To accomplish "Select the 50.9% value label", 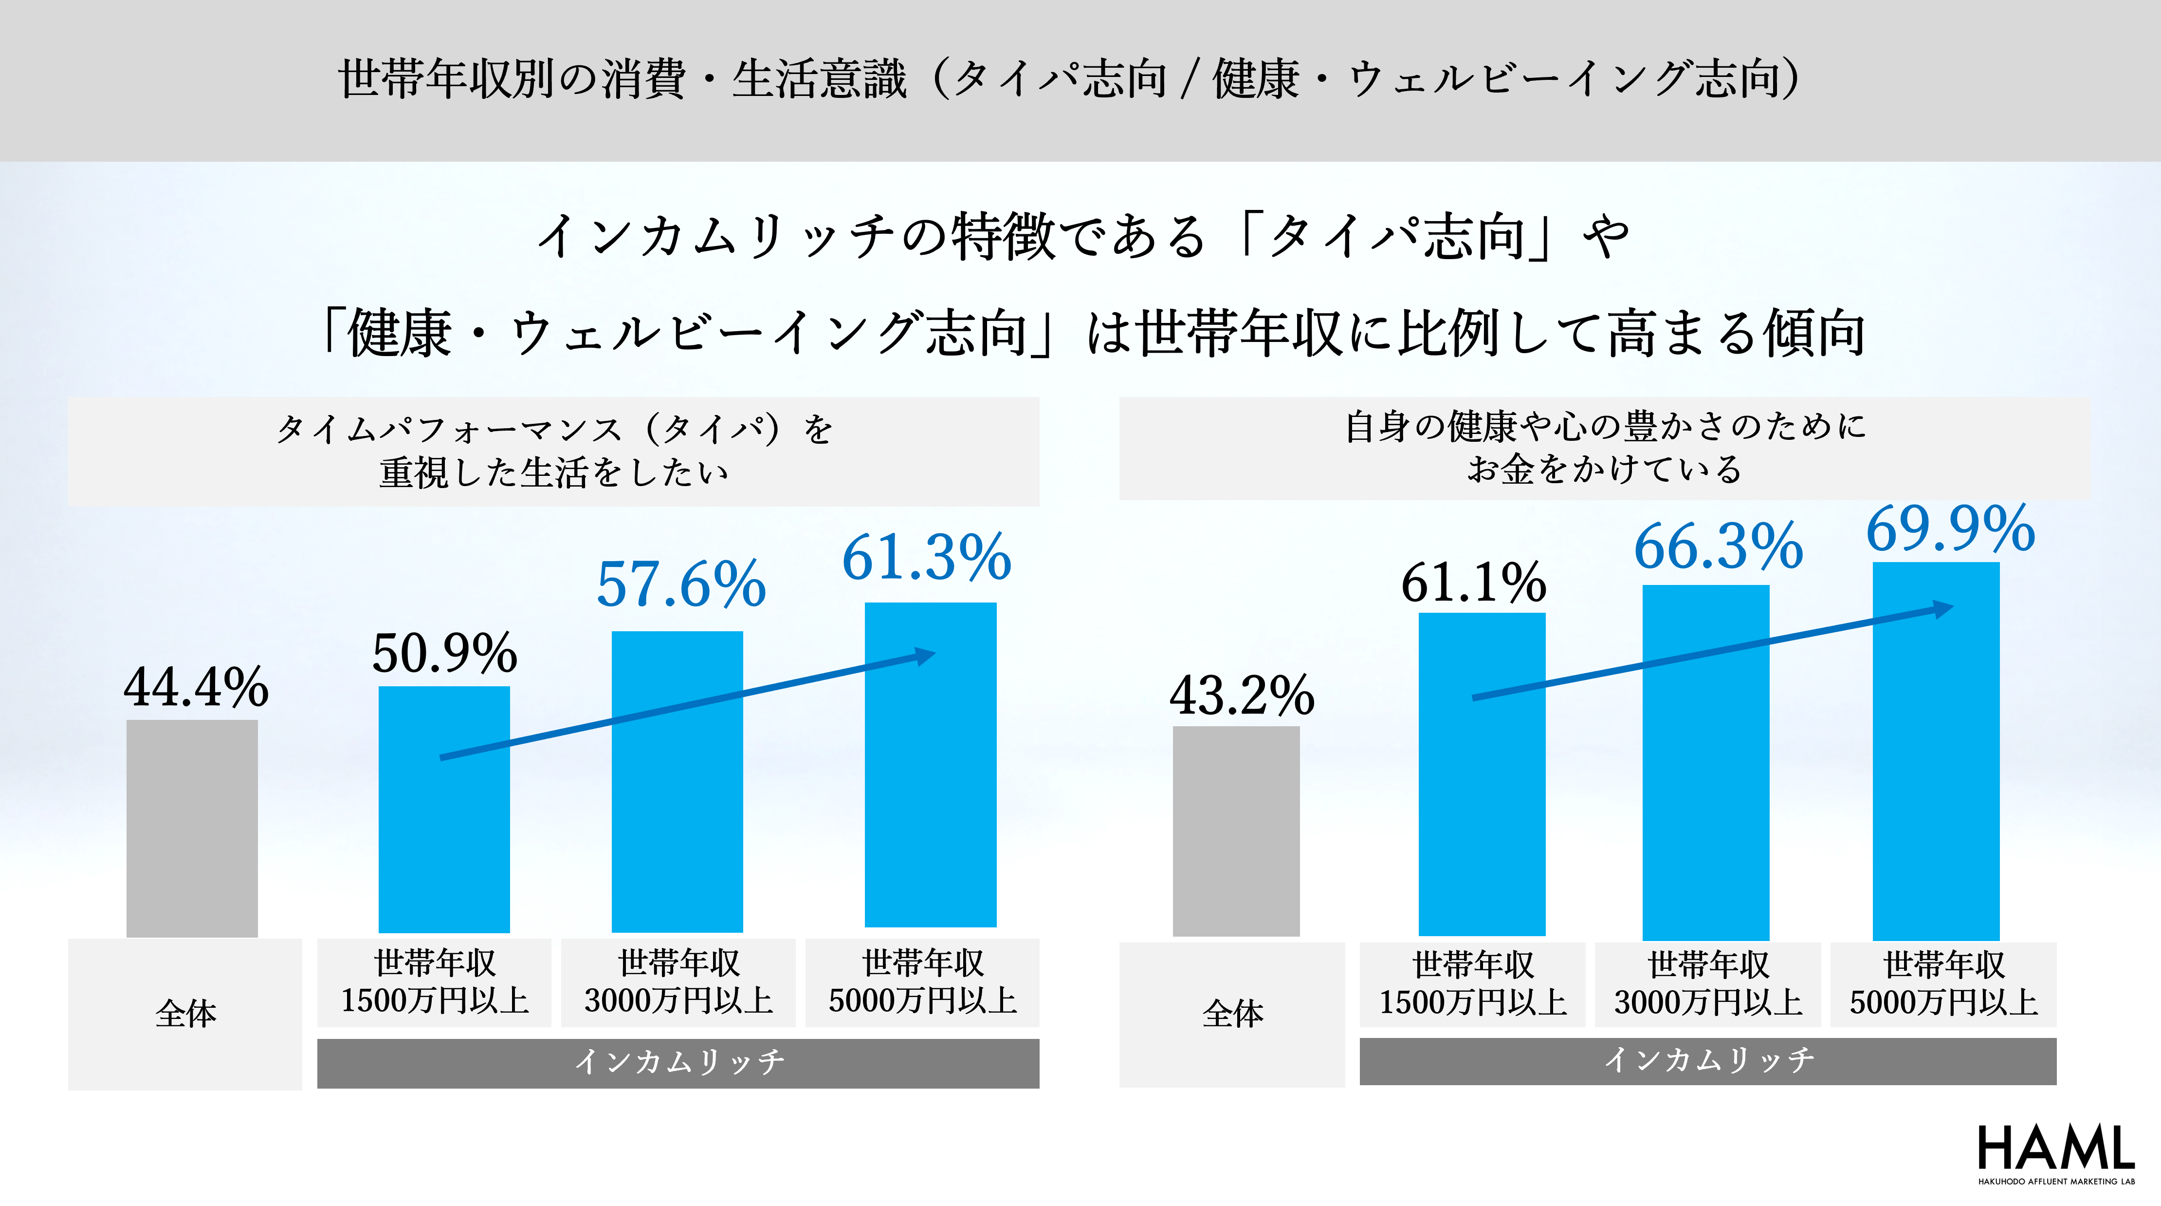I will point(445,653).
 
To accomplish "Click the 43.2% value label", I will point(1242,695).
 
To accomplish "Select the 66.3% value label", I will point(1718,546).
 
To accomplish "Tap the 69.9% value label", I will point(1950,529).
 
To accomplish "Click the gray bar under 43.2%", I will point(1236,831).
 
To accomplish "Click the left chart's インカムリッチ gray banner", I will point(678,1062).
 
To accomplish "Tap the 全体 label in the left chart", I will point(185,1014).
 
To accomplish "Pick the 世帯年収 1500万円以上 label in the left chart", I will point(435,982).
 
